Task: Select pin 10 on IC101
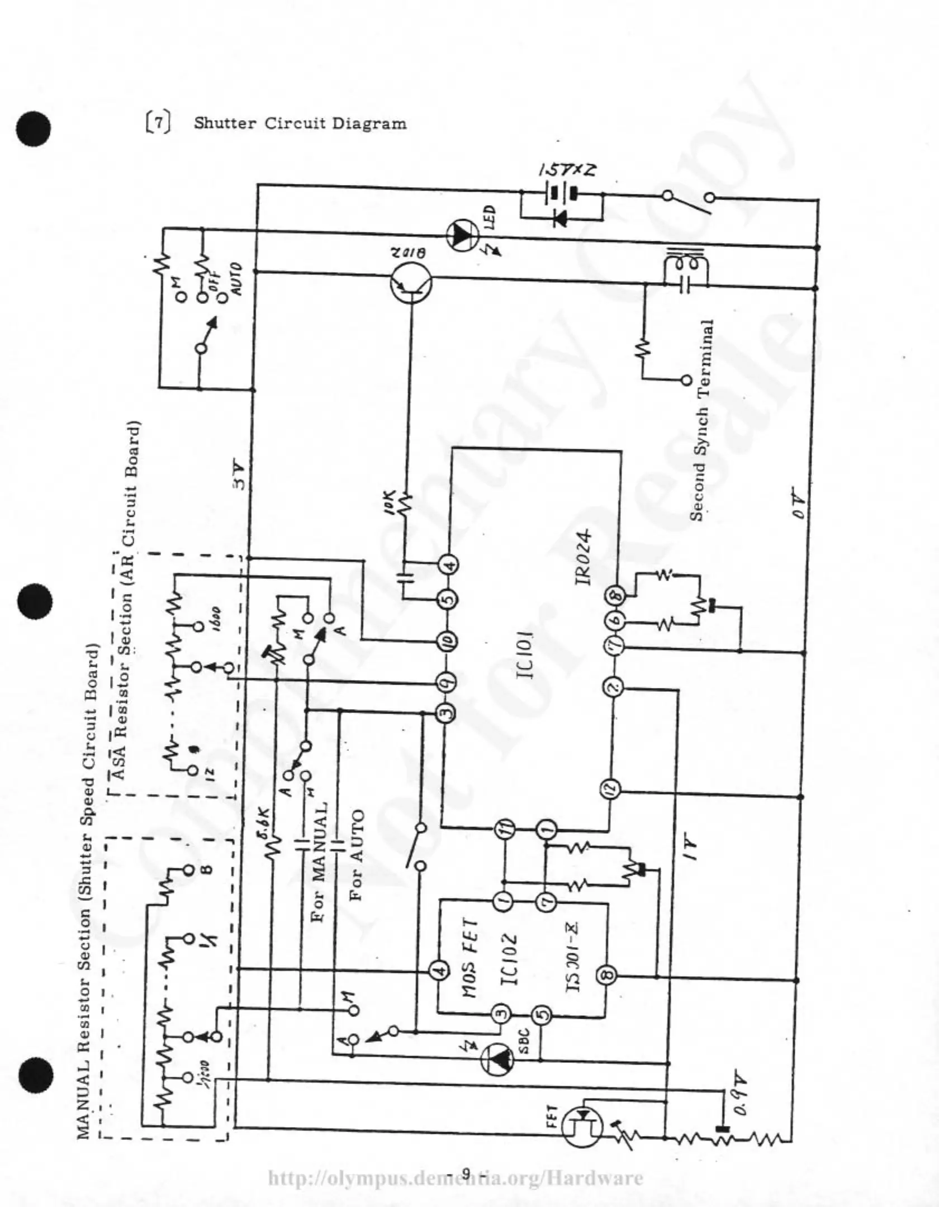[x=448, y=641]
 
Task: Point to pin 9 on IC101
[x=448, y=682]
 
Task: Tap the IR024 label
[x=583, y=557]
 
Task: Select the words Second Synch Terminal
[x=701, y=420]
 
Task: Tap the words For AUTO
[x=357, y=856]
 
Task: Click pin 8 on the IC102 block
[x=608, y=975]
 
